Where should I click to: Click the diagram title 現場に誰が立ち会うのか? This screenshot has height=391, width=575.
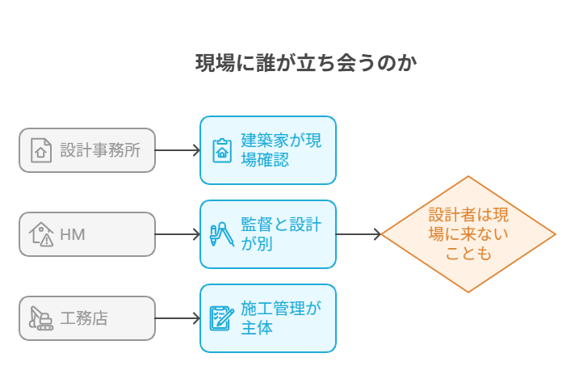306,63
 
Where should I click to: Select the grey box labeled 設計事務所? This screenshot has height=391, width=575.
87,150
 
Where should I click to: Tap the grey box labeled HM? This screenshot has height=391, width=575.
87,234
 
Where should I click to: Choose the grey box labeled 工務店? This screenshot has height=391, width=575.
87,318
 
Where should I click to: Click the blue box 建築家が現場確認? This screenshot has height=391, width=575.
268,150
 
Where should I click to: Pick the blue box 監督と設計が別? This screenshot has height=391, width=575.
268,234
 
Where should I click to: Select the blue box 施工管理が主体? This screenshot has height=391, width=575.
268,318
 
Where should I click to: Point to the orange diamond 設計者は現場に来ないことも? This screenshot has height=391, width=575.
468,234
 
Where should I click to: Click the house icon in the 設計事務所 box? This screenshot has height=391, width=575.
40,150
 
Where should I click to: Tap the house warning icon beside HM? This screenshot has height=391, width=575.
41,234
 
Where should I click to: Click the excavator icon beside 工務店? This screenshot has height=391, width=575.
40,318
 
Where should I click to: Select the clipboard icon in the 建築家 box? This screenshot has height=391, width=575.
221,150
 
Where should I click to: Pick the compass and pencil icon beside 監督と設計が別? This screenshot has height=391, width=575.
221,234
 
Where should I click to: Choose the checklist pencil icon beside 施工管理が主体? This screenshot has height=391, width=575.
221,318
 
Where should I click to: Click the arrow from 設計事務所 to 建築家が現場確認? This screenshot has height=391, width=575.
178,150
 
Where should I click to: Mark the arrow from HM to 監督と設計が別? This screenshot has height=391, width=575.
178,234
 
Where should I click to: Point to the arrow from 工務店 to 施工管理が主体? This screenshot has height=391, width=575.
178,318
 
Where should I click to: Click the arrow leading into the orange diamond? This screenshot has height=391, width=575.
359,234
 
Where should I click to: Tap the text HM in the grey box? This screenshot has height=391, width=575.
73,235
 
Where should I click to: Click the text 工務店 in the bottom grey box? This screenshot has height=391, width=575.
84,318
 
